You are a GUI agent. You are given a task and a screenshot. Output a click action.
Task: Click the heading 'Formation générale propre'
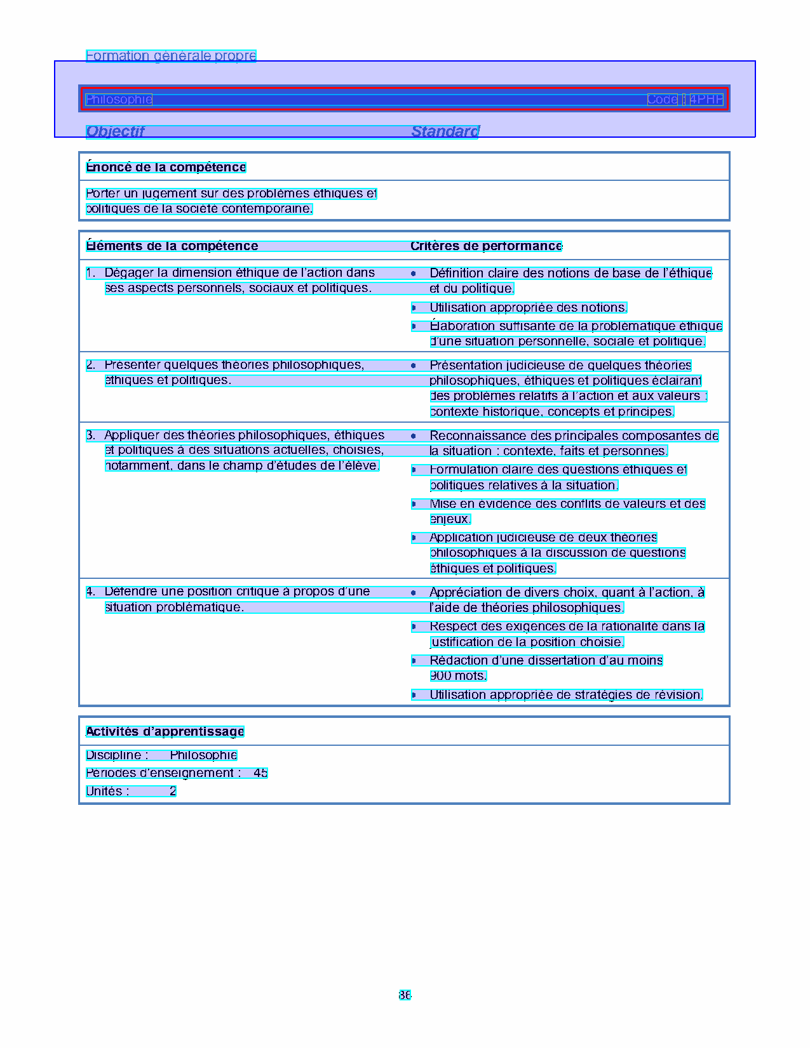[171, 56]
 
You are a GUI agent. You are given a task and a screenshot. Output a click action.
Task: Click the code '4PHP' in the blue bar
[706, 99]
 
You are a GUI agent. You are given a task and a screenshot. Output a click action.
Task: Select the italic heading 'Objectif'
[116, 131]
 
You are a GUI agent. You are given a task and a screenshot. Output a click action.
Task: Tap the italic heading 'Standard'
[445, 131]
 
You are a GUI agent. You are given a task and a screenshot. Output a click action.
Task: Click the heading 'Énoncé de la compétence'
[166, 167]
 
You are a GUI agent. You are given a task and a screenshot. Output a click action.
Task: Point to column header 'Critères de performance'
[486, 246]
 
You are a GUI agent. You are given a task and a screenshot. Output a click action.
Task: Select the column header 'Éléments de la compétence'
[172, 246]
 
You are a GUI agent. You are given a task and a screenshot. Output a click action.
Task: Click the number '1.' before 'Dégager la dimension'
[91, 273]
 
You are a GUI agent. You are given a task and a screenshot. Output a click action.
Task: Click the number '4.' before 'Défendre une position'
[91, 592]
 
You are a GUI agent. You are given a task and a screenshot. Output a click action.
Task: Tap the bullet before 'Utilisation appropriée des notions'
[414, 308]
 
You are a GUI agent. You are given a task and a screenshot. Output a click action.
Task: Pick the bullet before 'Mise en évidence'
[414, 504]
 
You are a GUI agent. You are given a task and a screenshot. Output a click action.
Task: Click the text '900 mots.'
[458, 676]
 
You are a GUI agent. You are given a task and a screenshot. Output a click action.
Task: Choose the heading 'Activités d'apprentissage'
[165, 731]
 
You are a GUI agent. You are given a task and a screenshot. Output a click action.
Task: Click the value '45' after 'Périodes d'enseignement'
[260, 773]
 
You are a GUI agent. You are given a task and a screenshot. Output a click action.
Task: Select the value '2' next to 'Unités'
[173, 792]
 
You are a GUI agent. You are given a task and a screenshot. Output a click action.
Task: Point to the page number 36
[405, 995]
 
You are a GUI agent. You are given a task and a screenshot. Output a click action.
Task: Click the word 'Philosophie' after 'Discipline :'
[203, 755]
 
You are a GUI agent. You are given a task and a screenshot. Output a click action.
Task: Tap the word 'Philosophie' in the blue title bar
[119, 99]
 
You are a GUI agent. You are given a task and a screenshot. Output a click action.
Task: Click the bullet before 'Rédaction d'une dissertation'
[414, 661]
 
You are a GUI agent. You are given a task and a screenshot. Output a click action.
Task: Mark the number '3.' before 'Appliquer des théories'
[91, 435]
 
